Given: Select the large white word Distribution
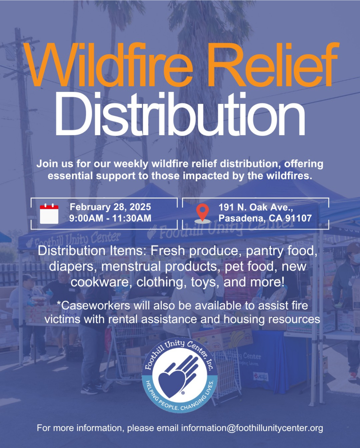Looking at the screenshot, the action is coord(180,114).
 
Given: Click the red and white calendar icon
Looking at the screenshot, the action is coord(49,214).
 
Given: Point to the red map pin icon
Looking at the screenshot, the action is coord(202,213).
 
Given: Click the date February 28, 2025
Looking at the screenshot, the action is coord(110,207).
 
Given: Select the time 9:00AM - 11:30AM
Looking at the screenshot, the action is coord(110,218).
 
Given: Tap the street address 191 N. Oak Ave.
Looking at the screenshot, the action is coord(256,207).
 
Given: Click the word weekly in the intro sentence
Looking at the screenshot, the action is coord(131,164).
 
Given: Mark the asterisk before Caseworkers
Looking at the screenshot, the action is coord(59,303).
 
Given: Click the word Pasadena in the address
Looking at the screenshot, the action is coord(242,218).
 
